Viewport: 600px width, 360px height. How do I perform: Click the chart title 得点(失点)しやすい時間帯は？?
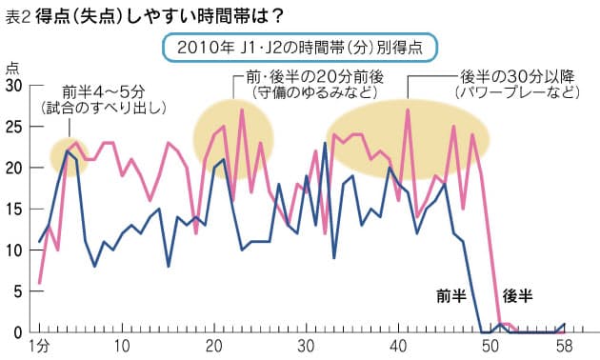coord(165,16)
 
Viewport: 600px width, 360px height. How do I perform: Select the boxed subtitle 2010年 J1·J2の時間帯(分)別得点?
coord(300,47)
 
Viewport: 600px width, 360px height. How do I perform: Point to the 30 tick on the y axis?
coord(14,86)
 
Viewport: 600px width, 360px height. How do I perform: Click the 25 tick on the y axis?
coord(14,127)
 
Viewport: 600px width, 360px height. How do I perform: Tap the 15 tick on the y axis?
coord(14,209)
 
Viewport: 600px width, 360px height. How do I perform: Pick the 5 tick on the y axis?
coord(18,290)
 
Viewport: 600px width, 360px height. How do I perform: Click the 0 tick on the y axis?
coord(18,331)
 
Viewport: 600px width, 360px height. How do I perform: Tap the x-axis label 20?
coord(213,345)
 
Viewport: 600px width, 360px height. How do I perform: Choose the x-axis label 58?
coord(564,345)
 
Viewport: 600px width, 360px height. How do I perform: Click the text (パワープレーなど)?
coord(514,93)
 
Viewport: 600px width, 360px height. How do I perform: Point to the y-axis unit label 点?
coord(10,67)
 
